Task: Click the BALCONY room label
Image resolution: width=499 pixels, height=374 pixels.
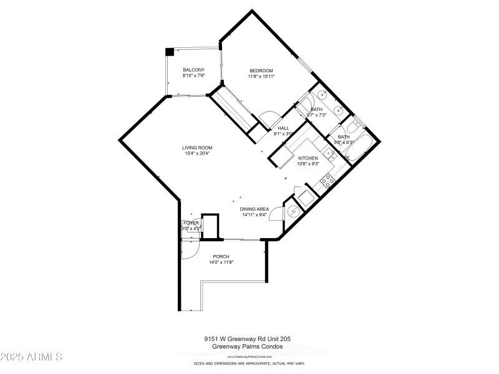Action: (x=193, y=70)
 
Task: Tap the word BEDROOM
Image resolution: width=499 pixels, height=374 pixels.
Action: (x=262, y=70)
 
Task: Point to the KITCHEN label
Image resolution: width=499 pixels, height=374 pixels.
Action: (x=308, y=158)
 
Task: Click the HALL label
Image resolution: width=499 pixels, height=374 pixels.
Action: (x=283, y=128)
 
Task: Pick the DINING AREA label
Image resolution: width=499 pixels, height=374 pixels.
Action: (x=255, y=209)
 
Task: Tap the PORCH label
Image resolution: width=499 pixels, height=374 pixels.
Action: (x=221, y=257)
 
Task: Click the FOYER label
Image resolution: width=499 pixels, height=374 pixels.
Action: (x=191, y=223)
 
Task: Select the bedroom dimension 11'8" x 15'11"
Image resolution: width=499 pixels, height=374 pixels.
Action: (x=262, y=76)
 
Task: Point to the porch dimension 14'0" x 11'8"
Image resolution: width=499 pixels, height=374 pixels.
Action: (x=221, y=262)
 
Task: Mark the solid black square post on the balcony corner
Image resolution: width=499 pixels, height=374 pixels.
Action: (x=169, y=52)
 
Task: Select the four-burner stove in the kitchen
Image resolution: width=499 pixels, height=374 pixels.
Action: (x=327, y=181)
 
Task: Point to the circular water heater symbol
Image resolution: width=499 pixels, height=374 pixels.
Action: (x=293, y=213)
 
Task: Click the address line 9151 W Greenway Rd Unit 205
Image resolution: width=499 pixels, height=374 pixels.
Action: (x=248, y=339)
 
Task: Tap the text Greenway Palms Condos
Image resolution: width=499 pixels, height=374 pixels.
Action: (x=248, y=347)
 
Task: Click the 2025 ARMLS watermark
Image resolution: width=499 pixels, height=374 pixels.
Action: (x=31, y=357)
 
